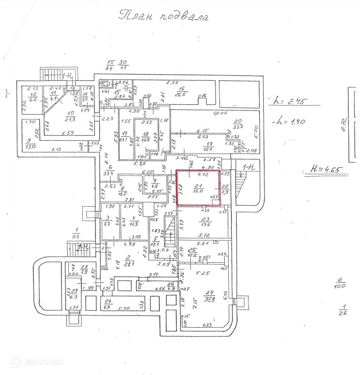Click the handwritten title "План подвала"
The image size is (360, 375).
[164, 17]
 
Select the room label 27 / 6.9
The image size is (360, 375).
[107, 303]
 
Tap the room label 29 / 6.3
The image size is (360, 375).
[74, 293]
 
